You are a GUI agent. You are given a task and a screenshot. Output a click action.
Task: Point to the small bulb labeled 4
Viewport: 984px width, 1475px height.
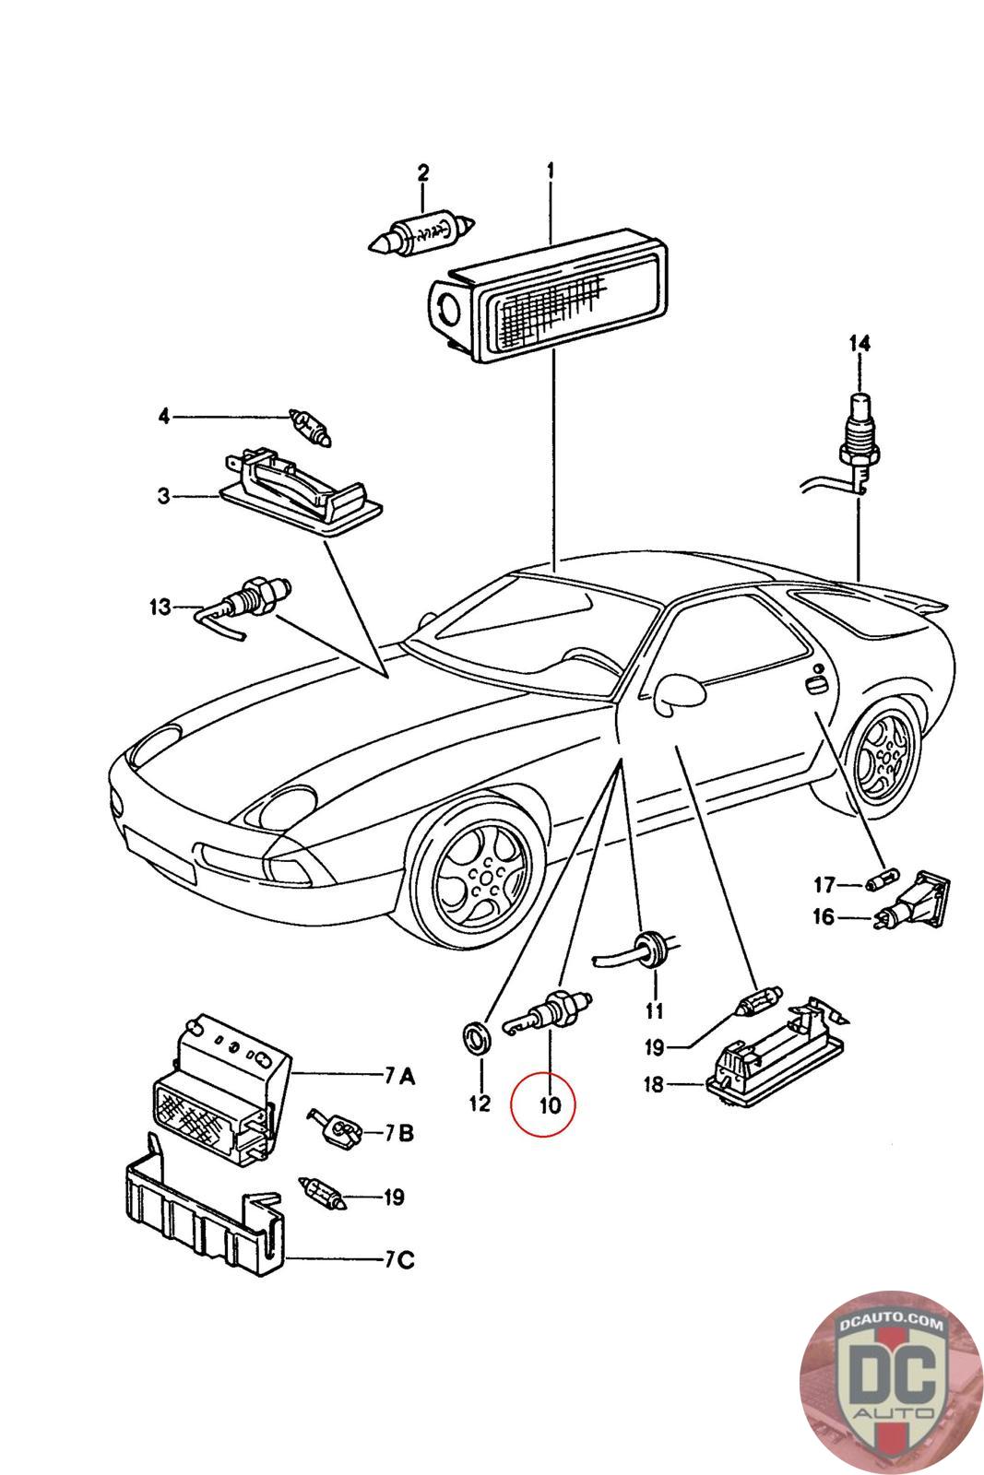click(x=310, y=428)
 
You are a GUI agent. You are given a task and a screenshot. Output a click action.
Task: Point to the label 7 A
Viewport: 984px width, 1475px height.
click(x=399, y=1075)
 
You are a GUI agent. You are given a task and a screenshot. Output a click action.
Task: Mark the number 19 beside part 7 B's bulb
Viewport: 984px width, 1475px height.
click(x=394, y=1198)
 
